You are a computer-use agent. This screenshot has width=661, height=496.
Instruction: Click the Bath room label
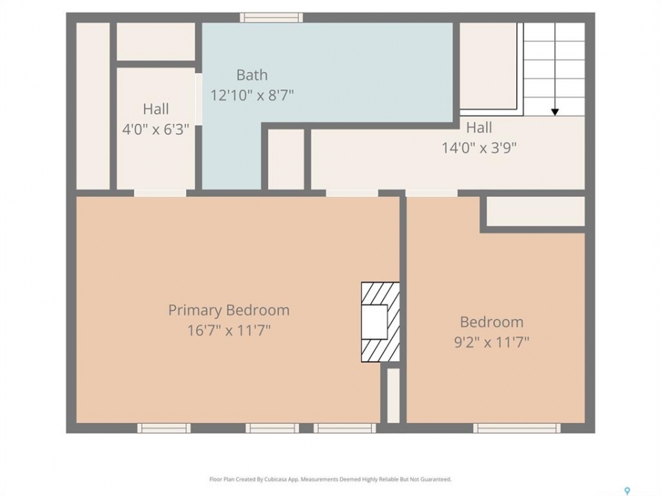[252, 75]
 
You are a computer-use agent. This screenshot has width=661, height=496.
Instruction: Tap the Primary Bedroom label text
[229, 311]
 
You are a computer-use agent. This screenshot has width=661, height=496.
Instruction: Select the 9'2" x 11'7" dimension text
[492, 342]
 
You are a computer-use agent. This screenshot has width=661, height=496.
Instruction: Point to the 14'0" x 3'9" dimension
[479, 148]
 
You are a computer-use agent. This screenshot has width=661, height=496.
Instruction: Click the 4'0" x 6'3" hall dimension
[156, 129]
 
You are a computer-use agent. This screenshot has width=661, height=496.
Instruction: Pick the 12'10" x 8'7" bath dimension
[252, 95]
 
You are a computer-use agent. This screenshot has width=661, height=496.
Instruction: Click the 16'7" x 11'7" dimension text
[229, 330]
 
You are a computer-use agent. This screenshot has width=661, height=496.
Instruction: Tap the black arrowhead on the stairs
[555, 112]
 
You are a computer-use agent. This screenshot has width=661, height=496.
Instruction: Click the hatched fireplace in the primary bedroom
[380, 322]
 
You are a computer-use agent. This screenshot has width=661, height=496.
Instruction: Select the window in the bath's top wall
[271, 17]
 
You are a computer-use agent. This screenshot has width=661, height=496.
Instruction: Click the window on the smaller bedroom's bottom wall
[517, 428]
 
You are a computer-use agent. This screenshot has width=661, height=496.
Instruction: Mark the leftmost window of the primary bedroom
[164, 428]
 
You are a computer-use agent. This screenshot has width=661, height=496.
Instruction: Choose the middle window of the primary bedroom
[273, 428]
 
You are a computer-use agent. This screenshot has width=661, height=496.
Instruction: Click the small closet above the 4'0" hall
[156, 41]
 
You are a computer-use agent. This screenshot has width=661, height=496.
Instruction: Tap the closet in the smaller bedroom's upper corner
[536, 211]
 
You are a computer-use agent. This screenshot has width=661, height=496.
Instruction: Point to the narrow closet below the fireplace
[393, 395]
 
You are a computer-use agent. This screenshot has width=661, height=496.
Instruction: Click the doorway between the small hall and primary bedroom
[160, 193]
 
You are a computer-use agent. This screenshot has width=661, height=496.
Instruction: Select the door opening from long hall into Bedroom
[432, 193]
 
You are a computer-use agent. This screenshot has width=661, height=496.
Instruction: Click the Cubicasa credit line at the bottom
[330, 479]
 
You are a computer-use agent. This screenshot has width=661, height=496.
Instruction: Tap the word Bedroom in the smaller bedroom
[492, 322]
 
